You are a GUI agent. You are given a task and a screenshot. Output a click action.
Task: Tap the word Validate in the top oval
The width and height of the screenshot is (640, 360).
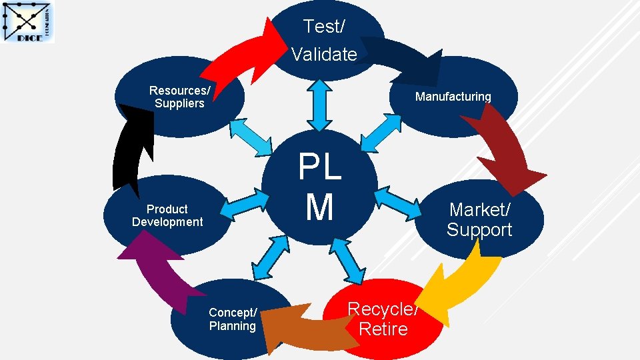tap(324, 54)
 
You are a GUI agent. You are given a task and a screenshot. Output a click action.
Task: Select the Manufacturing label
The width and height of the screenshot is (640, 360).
tap(453, 97)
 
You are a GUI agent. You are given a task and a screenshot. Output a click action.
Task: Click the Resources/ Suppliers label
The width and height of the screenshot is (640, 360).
tap(179, 97)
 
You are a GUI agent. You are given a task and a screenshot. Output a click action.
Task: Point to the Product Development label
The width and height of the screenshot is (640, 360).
tap(167, 215)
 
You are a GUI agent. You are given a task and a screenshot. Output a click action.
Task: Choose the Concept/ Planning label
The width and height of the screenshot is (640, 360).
tap(232, 319)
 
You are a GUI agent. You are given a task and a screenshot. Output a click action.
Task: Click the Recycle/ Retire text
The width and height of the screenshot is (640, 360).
tap(383, 319)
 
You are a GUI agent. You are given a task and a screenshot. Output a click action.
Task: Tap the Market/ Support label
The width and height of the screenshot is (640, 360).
tap(479, 219)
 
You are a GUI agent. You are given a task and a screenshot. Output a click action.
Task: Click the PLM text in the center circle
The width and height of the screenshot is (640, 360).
tap(319, 187)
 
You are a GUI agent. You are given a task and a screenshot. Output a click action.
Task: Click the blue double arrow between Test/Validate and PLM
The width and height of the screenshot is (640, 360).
tap(320, 105)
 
